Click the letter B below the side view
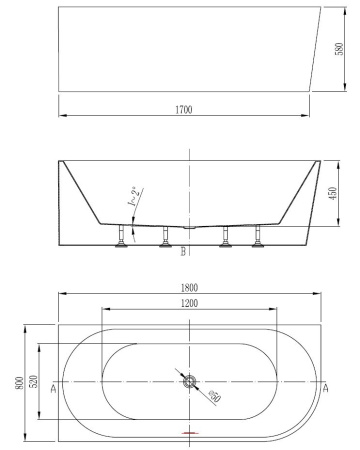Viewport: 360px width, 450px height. click(183, 254)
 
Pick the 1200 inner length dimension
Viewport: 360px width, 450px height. click(188, 304)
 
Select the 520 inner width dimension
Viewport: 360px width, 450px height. click(33, 384)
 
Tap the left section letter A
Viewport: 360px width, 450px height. click(52, 390)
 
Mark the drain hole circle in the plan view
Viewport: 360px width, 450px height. click(189, 381)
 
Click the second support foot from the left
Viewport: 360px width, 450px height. click(165, 238)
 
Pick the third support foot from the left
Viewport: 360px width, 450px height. click(227, 238)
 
